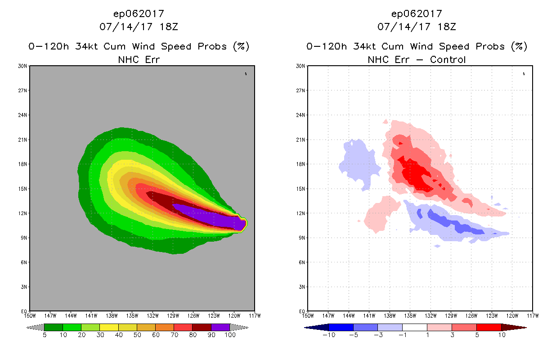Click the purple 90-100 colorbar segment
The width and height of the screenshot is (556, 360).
[x=220, y=327]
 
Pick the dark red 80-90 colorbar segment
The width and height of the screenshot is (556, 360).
[x=202, y=327]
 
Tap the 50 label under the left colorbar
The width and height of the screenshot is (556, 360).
[x=137, y=335]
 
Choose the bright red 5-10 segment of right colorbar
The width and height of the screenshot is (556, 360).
[x=489, y=327]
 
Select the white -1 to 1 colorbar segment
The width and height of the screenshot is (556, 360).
[x=414, y=327]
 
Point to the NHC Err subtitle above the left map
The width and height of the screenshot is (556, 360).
[x=139, y=59]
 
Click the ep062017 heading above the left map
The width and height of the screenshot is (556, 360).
[x=139, y=13]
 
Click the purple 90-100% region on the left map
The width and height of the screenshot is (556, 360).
[x=211, y=219]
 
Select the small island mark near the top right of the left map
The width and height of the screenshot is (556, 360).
[x=246, y=74]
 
